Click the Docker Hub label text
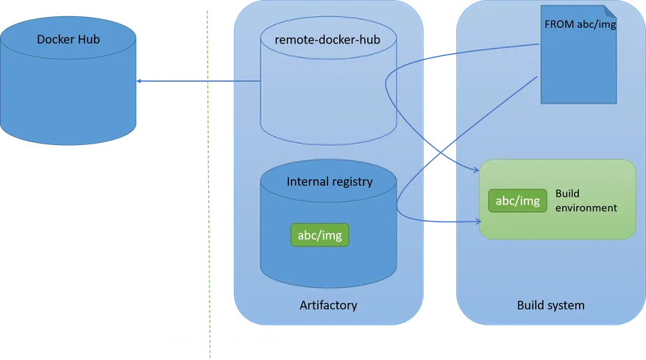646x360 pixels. click(68, 39)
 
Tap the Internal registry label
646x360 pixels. click(330, 181)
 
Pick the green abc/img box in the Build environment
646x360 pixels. click(518, 200)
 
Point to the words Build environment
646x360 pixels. click(586, 200)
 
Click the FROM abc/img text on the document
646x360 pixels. click(580, 24)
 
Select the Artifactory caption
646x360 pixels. click(328, 305)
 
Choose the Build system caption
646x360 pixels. click(550, 305)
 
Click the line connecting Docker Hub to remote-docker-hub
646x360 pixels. click(199, 80)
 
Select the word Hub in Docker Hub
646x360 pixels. click(87, 39)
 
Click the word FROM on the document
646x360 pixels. click(557, 24)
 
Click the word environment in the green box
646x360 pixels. click(586, 208)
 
